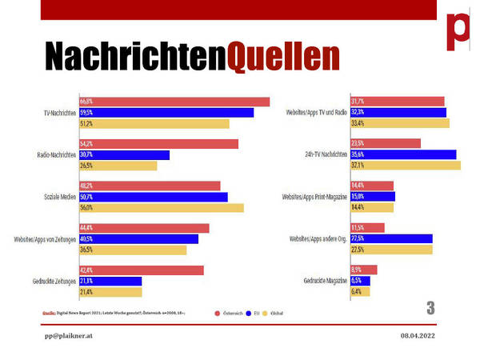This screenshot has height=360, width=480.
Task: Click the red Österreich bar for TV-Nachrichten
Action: click(174, 102)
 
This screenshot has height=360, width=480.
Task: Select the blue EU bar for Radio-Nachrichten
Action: click(124, 154)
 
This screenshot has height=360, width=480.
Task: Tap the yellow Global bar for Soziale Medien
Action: click(161, 207)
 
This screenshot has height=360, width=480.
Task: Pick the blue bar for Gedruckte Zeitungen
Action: click(110, 281)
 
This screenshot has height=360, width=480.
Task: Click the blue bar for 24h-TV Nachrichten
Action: click(403, 154)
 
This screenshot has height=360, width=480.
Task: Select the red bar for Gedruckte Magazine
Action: click(363, 270)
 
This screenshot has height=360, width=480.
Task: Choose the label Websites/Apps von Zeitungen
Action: click(44, 239)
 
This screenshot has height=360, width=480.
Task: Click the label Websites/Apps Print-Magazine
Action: click(314, 197)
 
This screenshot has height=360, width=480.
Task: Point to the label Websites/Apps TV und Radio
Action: click(316, 113)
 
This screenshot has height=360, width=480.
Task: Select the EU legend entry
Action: click(254, 314)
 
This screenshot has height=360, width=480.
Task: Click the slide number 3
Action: click(430, 308)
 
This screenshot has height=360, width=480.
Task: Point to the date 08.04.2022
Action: click(418, 337)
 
